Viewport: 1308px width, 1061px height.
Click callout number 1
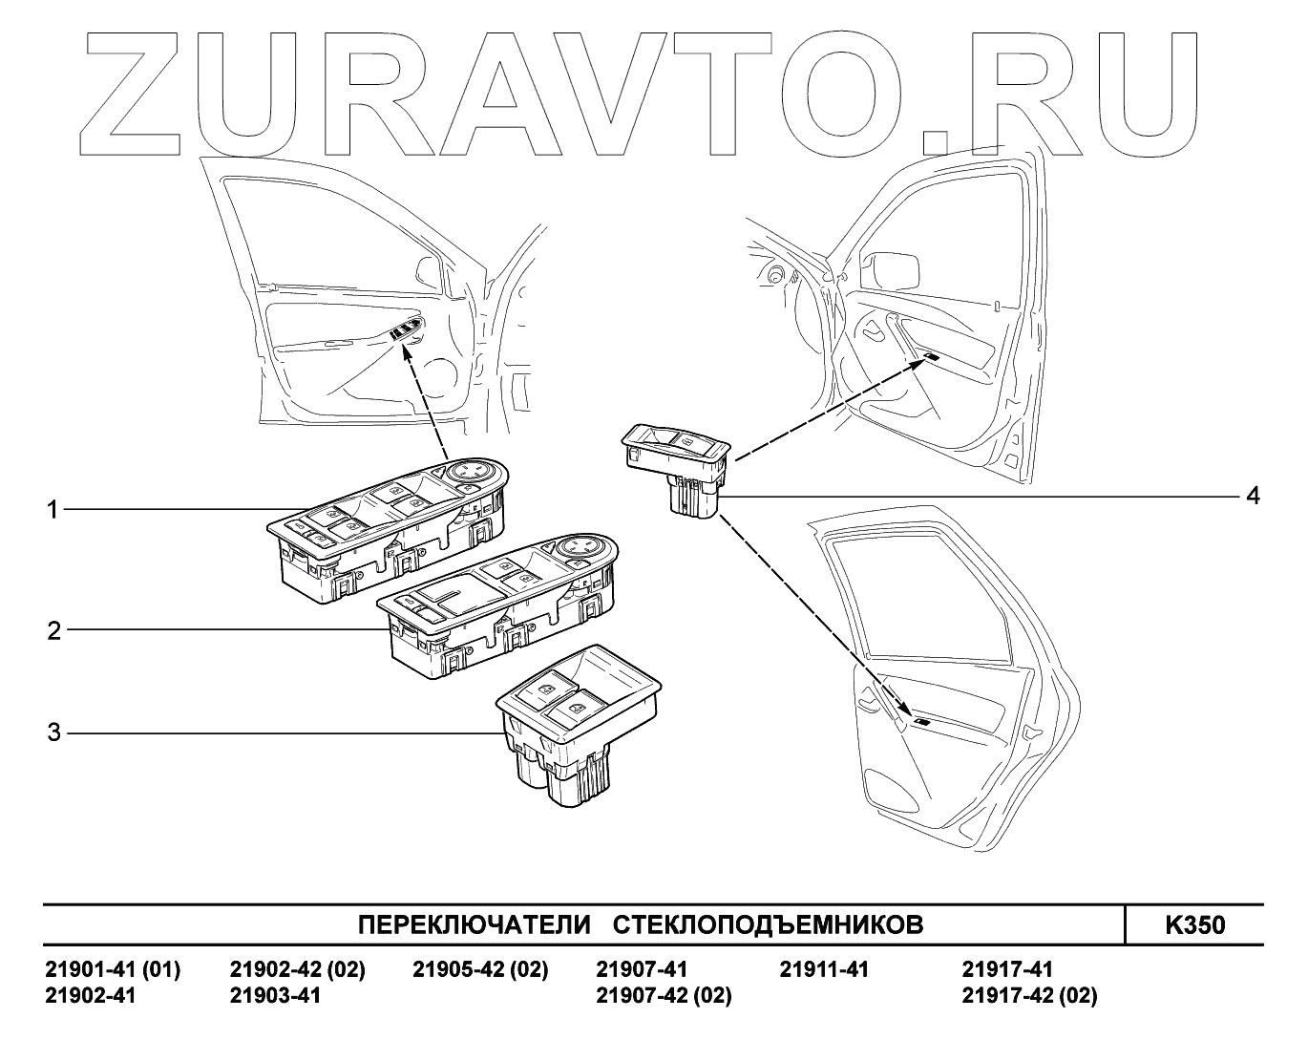coord(54,511)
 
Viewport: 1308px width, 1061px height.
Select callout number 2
coord(54,630)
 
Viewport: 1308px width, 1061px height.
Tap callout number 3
coord(54,732)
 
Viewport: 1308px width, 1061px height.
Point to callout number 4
coord(1252,496)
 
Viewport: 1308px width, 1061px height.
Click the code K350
coord(1194,925)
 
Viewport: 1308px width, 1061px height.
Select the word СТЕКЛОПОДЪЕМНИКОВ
coord(767,925)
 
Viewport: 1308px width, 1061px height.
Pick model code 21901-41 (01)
coord(113,970)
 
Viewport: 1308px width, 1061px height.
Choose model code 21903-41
coord(275,996)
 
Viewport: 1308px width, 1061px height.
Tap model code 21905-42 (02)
coord(480,970)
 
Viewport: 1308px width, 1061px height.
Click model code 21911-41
coord(824,970)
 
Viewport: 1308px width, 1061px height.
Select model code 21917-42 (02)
coord(1029,996)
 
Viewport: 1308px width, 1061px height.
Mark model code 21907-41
coord(641,970)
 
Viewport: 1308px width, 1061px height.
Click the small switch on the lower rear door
coord(924,722)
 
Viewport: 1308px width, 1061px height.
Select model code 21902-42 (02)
coord(298,970)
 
